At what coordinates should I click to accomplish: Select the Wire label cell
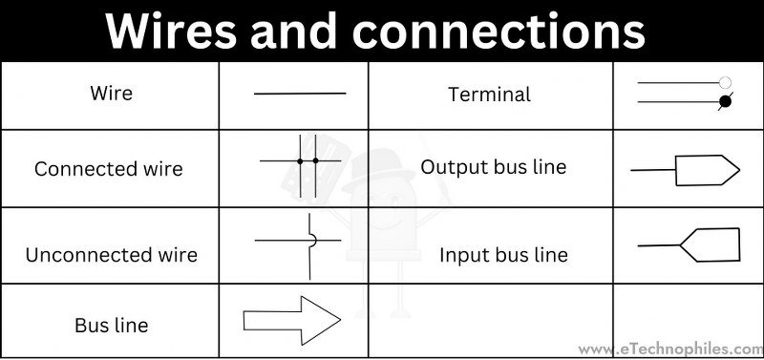point(111,94)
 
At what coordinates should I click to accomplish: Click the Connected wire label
point(108,169)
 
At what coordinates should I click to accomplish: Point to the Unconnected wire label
point(111,255)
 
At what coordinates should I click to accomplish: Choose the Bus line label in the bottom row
point(111,325)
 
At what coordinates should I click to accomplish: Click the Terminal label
point(489,94)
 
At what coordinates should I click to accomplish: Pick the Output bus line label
point(493,167)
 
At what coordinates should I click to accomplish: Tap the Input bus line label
point(503,255)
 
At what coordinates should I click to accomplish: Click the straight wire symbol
point(299,94)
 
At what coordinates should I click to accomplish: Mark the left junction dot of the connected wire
point(300,160)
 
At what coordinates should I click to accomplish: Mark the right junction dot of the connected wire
point(315,160)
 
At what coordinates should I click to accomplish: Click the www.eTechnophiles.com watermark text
point(669,349)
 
